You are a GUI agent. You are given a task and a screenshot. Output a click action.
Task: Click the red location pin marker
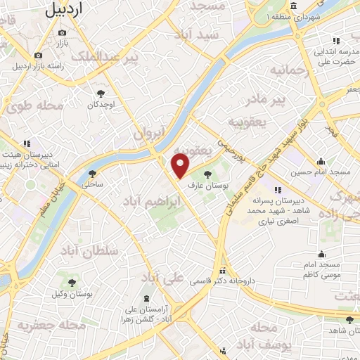pos(181,165)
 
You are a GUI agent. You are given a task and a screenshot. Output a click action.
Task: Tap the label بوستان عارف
pos(204,185)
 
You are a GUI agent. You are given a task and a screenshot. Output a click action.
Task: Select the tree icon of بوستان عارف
pos(207,172)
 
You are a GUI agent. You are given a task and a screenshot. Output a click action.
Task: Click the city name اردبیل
pos(72,8)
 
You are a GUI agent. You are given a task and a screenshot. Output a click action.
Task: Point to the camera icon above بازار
pos(63,32)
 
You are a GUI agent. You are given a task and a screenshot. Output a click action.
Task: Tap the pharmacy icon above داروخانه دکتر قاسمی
pos(223,270)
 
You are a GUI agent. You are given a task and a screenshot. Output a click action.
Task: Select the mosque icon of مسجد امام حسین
pos(321,161)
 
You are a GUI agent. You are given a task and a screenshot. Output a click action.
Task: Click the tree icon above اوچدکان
pos(101,93)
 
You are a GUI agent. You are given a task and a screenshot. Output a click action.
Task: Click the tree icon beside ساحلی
pos(92,174)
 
